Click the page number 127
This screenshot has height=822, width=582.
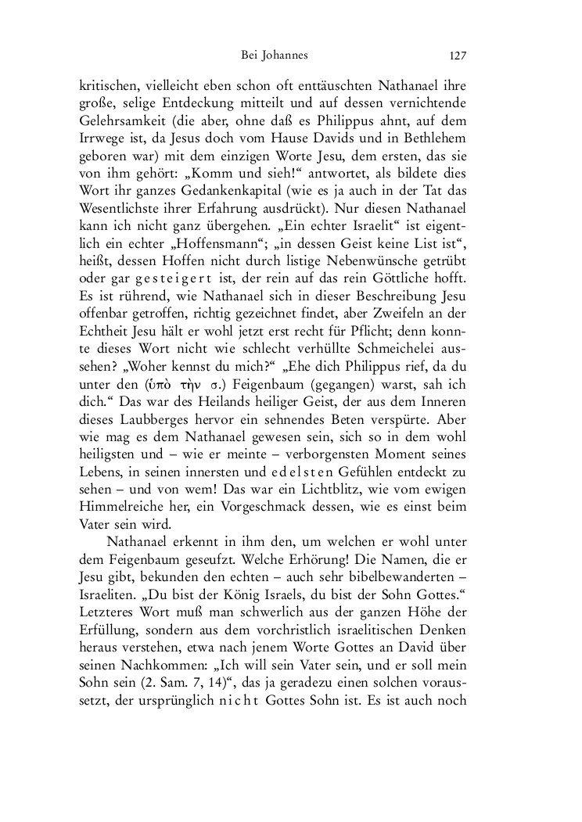[x=458, y=56]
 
